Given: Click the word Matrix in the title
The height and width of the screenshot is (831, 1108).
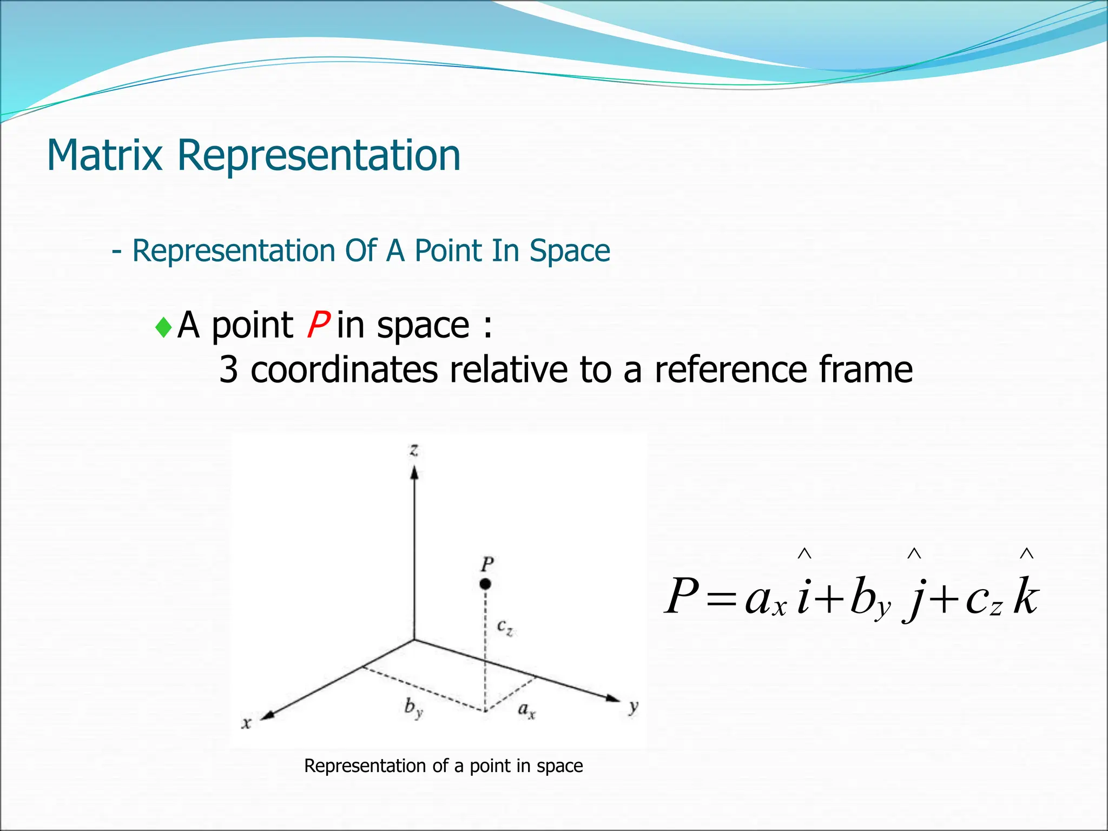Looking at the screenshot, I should (x=104, y=156).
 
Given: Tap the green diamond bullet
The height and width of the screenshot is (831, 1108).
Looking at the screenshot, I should (x=163, y=327).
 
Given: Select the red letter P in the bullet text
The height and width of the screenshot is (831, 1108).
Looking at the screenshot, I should (x=318, y=325).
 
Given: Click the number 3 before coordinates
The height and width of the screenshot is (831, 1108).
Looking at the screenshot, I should (x=228, y=370).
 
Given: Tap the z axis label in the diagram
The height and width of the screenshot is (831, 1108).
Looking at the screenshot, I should (x=414, y=450).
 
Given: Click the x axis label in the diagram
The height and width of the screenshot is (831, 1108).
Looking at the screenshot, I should (x=246, y=723).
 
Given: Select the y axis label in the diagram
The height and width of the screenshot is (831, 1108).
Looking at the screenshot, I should (x=634, y=707).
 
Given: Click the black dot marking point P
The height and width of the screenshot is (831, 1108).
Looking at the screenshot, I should (x=485, y=584).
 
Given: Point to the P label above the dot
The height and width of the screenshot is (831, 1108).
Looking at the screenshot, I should (x=487, y=564).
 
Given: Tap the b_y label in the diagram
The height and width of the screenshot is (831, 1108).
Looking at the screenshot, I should (x=413, y=708).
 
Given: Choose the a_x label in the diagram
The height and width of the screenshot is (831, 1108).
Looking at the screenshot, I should (x=526, y=709).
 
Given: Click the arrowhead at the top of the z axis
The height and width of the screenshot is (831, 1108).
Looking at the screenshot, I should (x=414, y=474).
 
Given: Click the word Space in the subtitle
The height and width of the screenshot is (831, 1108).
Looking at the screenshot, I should (x=570, y=251).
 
